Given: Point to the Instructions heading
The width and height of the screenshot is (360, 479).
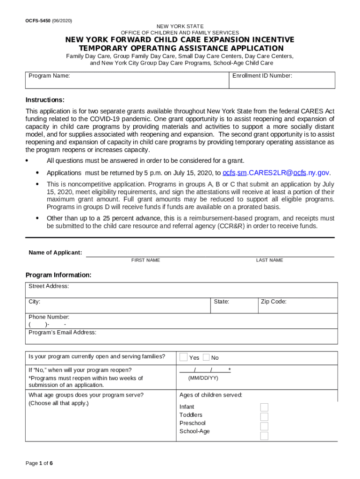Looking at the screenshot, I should (45, 100).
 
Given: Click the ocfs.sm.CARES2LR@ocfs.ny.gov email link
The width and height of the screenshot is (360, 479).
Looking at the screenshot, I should (276, 173).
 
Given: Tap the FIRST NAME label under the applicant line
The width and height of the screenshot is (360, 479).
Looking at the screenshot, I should (145, 260).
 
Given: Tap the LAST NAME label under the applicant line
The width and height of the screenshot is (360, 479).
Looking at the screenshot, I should (269, 260).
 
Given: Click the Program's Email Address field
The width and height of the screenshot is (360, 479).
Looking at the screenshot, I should (181, 336).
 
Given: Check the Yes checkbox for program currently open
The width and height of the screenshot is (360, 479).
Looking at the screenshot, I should (184, 357).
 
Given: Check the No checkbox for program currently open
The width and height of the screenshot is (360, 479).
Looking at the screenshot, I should (206, 357).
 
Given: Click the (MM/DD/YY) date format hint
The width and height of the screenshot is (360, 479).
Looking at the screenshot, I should (203, 377).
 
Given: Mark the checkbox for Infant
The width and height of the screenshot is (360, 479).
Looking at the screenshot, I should (264, 407).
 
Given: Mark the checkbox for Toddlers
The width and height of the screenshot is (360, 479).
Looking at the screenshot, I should (264, 417).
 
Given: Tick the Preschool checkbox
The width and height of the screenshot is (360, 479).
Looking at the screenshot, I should (264, 426).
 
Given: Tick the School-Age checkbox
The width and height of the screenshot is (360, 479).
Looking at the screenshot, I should (264, 436).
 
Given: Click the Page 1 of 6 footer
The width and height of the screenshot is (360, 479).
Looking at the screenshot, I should (39, 463).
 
